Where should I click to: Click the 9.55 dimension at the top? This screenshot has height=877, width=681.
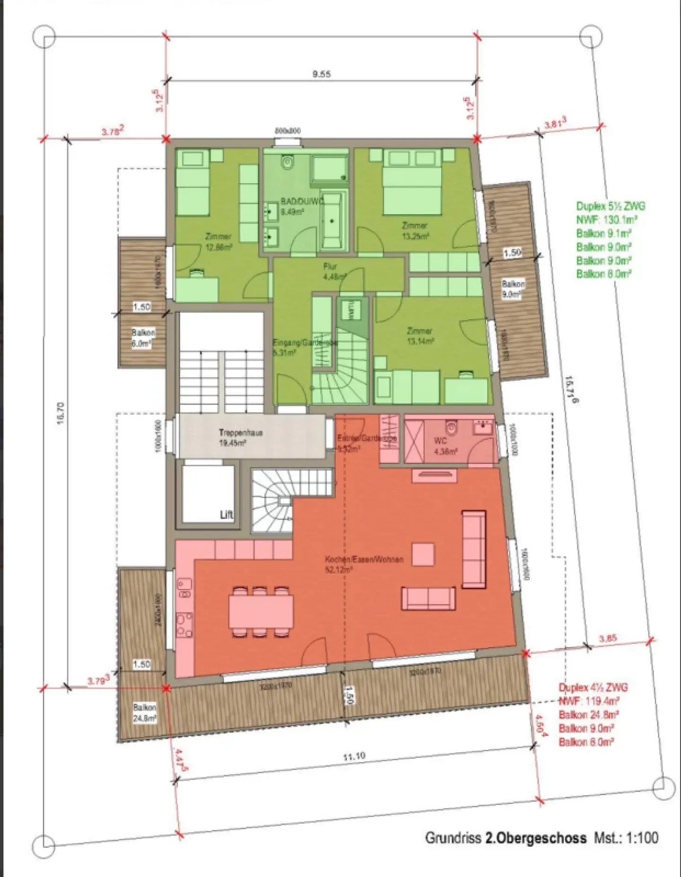coord(321,74)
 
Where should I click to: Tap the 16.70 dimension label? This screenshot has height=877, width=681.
coord(61,413)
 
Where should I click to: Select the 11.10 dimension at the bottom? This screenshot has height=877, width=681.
coord(354,756)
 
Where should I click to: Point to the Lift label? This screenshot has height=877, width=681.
coord(227,515)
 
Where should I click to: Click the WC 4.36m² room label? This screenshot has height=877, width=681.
coord(445,446)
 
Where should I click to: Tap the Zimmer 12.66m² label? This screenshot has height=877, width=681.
coord(218,241)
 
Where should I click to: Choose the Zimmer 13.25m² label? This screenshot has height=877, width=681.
coord(415,230)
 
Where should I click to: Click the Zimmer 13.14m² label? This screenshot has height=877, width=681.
coord(419,336)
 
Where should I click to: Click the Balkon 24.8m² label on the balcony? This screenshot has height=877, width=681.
coord(144,713)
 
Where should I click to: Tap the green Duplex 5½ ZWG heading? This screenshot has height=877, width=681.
coord(610,206)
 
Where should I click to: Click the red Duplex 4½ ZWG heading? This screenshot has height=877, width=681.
coord(593,687)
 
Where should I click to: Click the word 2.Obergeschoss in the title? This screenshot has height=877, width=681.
coord(535,838)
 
